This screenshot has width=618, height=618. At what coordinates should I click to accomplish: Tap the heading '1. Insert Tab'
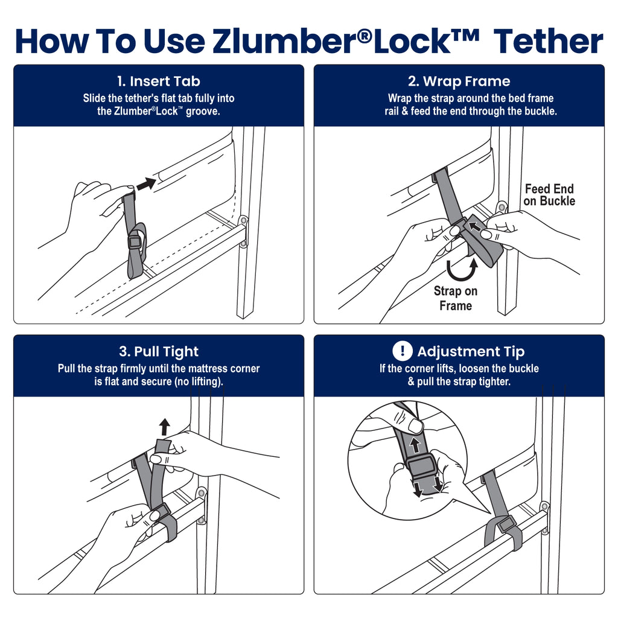click(158, 81)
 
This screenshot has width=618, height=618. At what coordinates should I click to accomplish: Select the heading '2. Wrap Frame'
click(459, 81)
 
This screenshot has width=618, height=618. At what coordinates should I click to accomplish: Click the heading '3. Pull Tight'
click(158, 352)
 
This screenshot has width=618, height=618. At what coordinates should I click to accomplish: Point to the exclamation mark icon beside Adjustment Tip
click(401, 351)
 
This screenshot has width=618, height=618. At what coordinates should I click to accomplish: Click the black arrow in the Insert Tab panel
click(146, 183)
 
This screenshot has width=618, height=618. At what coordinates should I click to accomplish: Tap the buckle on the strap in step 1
click(135, 242)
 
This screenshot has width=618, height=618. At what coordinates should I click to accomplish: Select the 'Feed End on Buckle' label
click(549, 195)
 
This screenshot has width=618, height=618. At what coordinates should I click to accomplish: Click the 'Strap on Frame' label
click(456, 298)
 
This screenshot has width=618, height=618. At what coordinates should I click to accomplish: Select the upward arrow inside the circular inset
click(415, 446)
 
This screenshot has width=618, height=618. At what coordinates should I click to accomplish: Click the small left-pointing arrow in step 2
click(477, 228)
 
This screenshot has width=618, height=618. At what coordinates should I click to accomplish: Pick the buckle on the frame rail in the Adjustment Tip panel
click(507, 524)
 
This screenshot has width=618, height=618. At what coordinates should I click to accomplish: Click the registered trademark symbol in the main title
click(363, 34)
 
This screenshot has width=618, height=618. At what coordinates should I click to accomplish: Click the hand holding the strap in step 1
click(94, 211)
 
